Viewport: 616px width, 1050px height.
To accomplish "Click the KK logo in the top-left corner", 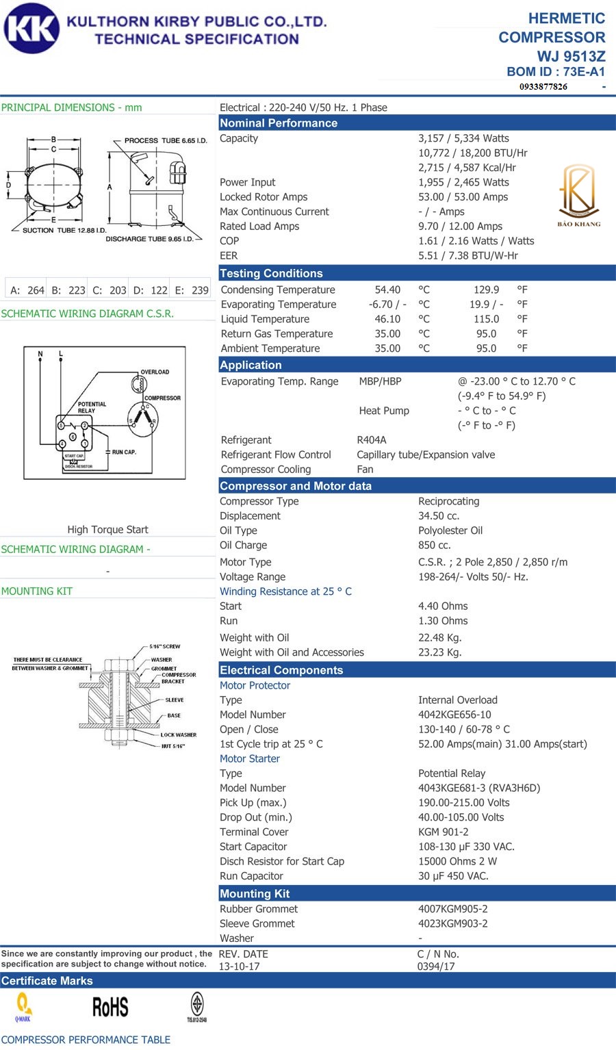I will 31,29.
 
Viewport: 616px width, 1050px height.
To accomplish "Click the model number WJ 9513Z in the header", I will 571,56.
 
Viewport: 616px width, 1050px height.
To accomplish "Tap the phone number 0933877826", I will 543,86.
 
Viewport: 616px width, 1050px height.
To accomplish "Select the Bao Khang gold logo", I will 578,195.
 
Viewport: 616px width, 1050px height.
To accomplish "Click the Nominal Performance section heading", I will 279,123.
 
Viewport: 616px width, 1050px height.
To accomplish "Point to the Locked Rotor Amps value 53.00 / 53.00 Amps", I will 463,197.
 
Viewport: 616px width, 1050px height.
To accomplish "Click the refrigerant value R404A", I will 372,440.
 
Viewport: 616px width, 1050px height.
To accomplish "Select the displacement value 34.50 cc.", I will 439,516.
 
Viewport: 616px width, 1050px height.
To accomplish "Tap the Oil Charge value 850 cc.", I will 435,546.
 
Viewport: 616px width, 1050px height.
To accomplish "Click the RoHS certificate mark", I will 110,1008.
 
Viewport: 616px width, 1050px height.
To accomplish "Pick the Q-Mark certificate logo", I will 23,1007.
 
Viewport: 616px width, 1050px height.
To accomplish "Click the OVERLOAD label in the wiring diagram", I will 155,372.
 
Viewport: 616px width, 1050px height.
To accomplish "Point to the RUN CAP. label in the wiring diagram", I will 124,452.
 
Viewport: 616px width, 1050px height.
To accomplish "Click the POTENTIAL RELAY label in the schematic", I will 92,407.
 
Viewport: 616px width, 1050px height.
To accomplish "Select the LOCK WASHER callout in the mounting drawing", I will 178,734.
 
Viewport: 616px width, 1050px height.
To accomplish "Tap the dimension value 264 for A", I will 36,290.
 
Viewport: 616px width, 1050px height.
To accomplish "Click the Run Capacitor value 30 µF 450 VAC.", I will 453,876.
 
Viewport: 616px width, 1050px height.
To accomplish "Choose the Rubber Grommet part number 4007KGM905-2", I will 452,909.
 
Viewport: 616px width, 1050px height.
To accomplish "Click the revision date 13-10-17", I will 239,966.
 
